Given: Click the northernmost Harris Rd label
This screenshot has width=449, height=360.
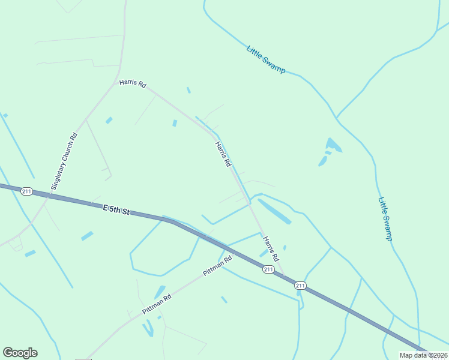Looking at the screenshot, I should click(133, 84).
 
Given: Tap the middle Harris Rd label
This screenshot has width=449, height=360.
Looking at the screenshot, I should click(223, 154).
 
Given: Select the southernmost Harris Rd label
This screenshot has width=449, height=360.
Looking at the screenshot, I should click(271, 248).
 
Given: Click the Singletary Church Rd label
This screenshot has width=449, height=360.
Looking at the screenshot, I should click(65, 161).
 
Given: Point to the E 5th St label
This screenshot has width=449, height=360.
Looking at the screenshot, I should click(116, 210).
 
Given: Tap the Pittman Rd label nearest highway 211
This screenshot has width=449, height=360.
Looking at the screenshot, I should click(217, 266).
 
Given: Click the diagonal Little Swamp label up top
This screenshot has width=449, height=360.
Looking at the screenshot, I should click(266, 59).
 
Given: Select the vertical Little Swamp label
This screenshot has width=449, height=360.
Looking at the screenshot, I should click(385, 219).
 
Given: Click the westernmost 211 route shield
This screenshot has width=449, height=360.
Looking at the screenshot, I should click(26, 191).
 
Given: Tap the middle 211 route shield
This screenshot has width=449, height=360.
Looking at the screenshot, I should click(268, 269).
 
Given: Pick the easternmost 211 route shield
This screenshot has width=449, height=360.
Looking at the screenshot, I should click(301, 286).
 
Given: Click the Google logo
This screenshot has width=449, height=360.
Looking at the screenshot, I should click(20, 353).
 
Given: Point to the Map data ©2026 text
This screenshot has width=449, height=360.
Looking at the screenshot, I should click(423, 355).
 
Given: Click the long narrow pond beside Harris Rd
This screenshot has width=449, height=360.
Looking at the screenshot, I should click(274, 211).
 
